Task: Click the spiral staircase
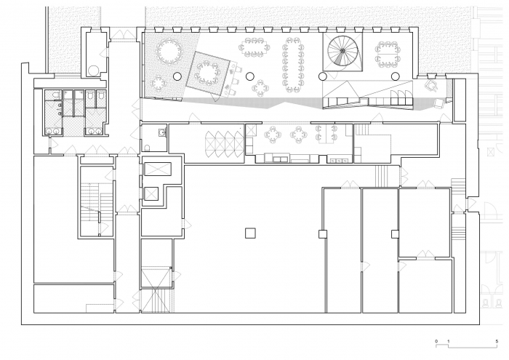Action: pyautogui.click(x=342, y=51)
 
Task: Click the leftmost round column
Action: pyautogui.click(x=177, y=76)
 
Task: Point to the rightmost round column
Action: pyautogui.click(x=395, y=76)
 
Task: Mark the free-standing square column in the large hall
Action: pyautogui.click(x=250, y=233)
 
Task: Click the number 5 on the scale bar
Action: pyautogui.click(x=497, y=341)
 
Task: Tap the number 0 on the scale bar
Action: pyautogui.click(x=436, y=341)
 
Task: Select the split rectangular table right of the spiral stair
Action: pyautogui.click(x=388, y=54)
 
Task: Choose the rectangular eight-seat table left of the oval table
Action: pyautogui.click(x=254, y=47)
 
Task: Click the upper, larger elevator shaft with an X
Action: pyautogui.click(x=158, y=169)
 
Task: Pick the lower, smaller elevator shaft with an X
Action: pyautogui.click(x=151, y=193)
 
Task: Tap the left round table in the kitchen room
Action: pyautogui.click(x=272, y=135)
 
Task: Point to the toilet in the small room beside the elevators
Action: pyautogui.click(x=147, y=148)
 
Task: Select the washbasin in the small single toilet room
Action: pyautogui.click(x=161, y=132)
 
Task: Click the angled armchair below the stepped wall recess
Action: pyautogui.click(x=432, y=84)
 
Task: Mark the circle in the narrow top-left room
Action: pyautogui.click(x=94, y=71)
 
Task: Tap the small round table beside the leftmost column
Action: pyautogui.click(x=159, y=83)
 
